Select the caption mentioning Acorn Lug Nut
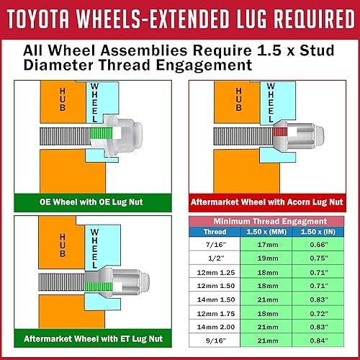pyautogui.click(x=274, y=202)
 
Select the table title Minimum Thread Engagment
pyautogui.click(x=273, y=220)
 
